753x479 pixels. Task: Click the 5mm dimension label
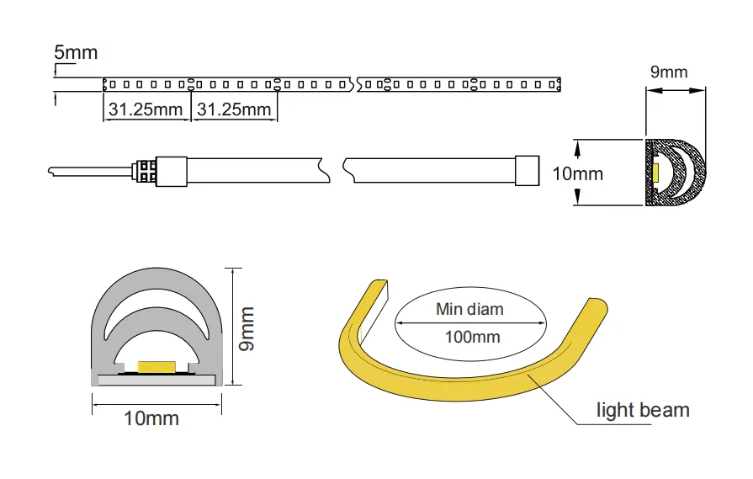point(76,52)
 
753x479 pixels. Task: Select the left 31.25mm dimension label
point(146,109)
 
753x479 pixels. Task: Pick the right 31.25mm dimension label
point(234,109)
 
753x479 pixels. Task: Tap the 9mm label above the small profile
point(669,72)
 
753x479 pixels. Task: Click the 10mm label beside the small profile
point(578,174)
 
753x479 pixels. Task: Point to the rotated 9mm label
point(247,329)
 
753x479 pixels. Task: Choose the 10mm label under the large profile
point(151,418)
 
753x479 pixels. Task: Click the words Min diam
point(469,309)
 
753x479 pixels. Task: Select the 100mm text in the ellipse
point(473,337)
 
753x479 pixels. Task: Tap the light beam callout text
point(643,410)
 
